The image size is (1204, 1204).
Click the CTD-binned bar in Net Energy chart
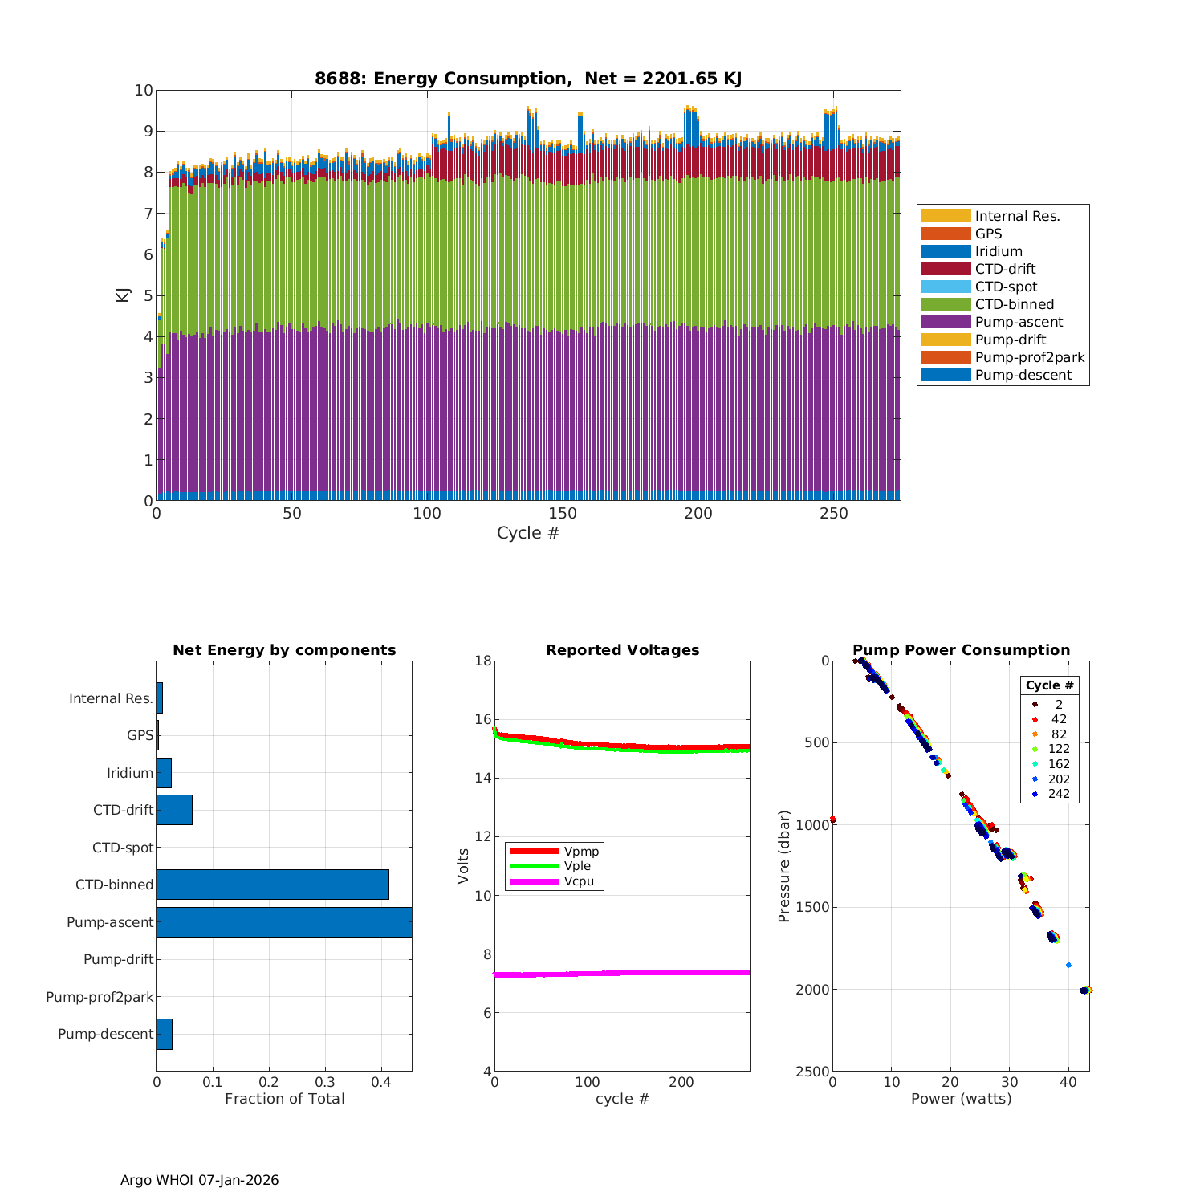[272, 884]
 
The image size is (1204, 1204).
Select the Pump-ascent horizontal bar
[284, 921]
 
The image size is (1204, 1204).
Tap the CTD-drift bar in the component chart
[174, 810]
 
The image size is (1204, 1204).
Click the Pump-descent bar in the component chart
[164, 1034]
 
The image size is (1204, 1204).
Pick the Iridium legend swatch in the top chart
[946, 251]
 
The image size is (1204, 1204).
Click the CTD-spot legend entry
[1006, 287]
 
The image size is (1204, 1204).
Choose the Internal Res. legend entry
[1017, 216]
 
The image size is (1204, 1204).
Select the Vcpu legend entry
[579, 881]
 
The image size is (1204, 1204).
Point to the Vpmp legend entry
[581, 851]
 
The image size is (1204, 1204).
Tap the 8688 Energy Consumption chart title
[527, 79]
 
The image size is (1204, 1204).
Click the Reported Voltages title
[622, 650]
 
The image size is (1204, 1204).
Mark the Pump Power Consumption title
[961, 650]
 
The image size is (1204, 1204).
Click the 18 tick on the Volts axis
[482, 661]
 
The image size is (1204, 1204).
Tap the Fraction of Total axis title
[284, 1099]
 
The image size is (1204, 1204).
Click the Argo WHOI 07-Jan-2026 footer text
[199, 1180]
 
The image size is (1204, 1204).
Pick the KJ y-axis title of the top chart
[123, 295]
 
